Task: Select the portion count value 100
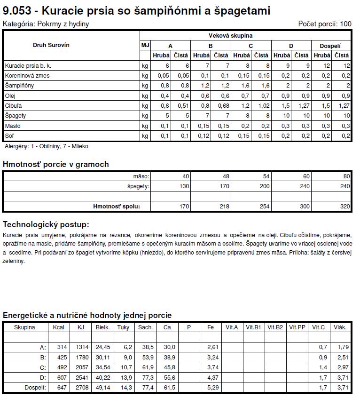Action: click(345, 24)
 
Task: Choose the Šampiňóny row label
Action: click(19, 86)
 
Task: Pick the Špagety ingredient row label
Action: click(16, 116)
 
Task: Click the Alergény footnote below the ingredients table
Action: click(46, 146)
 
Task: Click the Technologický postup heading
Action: click(46, 224)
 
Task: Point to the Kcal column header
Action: click(59, 327)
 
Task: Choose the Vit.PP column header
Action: click(297, 327)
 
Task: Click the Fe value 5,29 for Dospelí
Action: click(213, 387)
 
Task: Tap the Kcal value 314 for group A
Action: click(61, 347)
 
